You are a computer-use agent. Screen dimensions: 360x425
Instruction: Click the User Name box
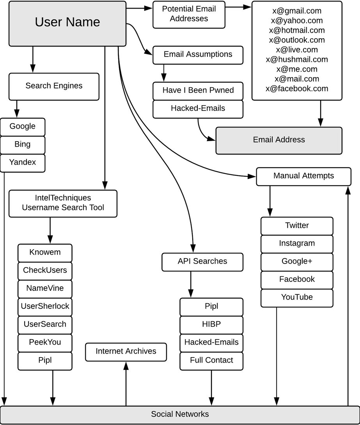(67, 23)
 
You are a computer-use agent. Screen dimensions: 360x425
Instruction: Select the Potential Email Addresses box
(189, 15)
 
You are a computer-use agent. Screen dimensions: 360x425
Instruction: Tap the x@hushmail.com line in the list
(297, 59)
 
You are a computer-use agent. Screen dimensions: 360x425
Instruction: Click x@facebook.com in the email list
(297, 89)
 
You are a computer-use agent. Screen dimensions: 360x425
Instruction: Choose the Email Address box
(279, 140)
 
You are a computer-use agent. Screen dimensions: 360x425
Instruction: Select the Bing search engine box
(23, 145)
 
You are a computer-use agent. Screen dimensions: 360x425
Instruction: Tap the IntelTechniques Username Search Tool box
(63, 204)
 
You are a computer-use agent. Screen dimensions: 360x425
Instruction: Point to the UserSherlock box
(45, 307)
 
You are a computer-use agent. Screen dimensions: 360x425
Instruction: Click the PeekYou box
(45, 343)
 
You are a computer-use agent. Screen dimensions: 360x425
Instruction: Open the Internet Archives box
(126, 352)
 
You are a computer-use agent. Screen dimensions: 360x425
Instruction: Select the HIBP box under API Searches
(211, 325)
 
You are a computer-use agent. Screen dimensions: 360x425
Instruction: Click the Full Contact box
(211, 361)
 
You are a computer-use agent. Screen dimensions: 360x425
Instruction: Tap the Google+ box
(297, 262)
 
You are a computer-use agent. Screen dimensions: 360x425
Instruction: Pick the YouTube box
(297, 298)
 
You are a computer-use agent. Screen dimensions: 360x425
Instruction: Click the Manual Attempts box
(303, 177)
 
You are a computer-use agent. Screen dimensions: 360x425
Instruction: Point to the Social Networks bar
(180, 415)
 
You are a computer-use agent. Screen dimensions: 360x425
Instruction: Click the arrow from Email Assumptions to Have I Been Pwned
(164, 73)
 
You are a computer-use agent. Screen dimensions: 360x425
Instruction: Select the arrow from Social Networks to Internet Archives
(126, 384)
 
